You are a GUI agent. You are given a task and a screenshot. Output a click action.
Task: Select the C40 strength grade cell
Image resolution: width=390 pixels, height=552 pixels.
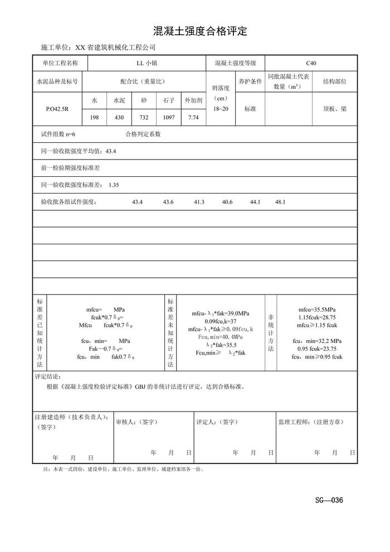tap(311, 64)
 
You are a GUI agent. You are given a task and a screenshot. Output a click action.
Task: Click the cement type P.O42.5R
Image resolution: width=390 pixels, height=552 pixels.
tap(57, 110)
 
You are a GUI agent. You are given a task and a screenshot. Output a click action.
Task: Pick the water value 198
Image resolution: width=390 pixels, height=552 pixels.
tap(94, 118)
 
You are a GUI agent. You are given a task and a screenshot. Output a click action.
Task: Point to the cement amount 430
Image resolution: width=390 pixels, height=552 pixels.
tap(119, 118)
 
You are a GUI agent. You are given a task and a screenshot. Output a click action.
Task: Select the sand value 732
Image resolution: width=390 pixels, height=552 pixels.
tap(144, 118)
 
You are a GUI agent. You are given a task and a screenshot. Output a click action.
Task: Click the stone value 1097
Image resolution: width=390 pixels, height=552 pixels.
tap(169, 118)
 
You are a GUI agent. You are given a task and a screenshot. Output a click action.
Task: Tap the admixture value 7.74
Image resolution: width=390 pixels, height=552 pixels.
tap(193, 118)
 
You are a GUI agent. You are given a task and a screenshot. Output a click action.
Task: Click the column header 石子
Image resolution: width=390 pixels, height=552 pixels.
tap(169, 100)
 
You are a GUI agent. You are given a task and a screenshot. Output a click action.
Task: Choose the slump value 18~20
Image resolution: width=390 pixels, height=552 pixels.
tap(221, 109)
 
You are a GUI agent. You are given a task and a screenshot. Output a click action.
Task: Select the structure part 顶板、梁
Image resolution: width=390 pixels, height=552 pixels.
tap(335, 109)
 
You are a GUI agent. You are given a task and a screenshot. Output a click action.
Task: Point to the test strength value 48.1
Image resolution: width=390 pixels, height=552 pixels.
tap(280, 202)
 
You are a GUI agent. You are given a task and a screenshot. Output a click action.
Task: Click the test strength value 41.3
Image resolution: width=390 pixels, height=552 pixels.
tap(199, 202)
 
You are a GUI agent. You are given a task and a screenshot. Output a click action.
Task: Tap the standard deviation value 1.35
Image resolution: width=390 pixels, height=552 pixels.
tap(114, 185)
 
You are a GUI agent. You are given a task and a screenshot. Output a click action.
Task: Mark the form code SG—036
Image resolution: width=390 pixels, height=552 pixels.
tap(329, 500)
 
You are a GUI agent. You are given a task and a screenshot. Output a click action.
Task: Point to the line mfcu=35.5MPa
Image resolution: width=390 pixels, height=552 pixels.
tap(316, 309)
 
